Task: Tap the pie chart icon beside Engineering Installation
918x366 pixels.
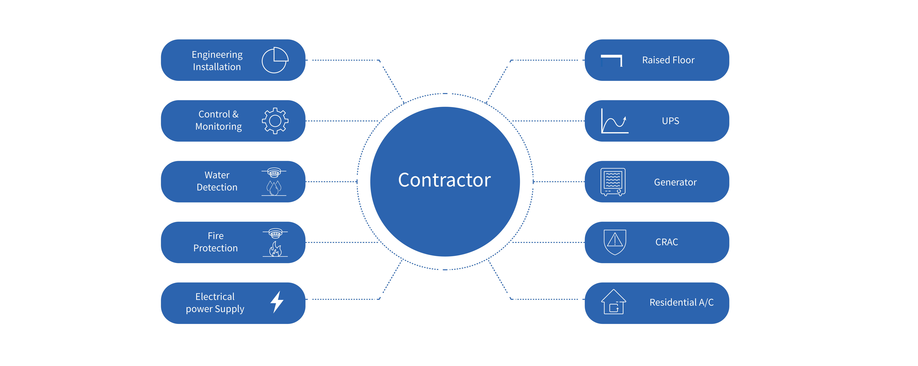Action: [x=275, y=60]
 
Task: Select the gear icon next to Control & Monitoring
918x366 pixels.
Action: [x=275, y=121]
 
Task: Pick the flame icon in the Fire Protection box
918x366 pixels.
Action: [x=275, y=249]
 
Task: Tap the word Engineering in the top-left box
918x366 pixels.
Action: [x=217, y=54]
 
